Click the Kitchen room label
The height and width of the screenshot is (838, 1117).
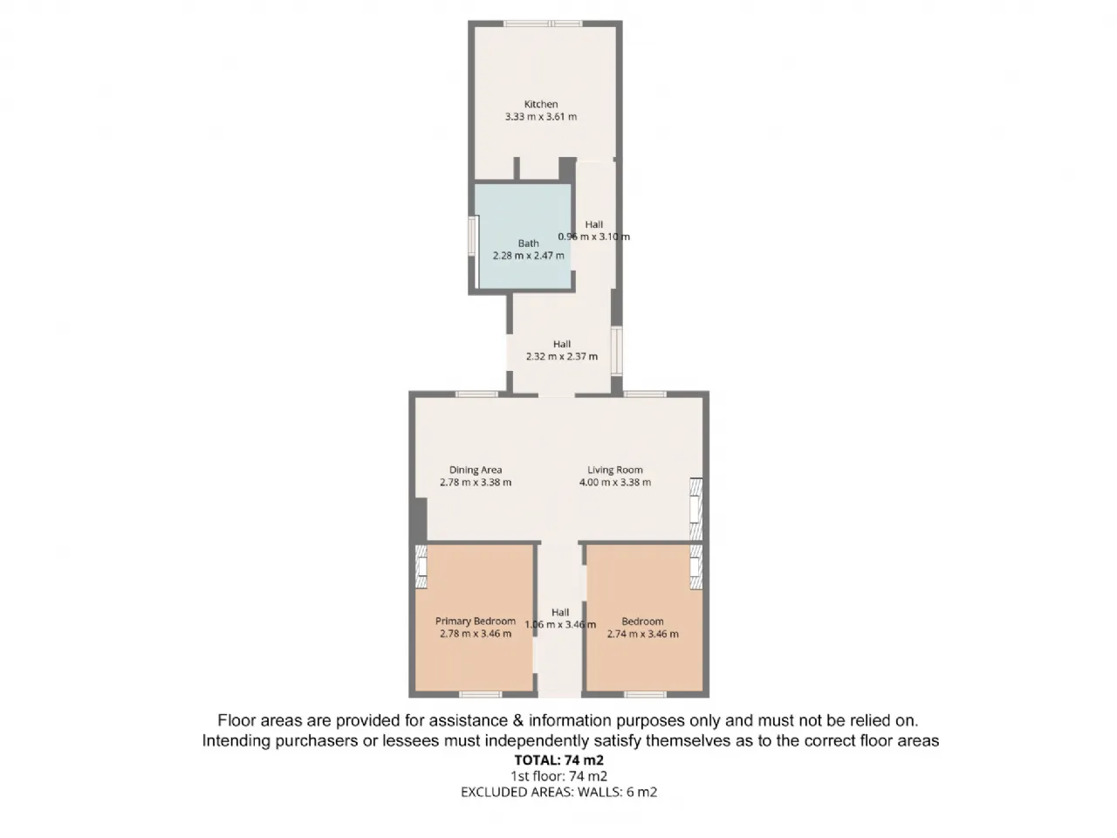[x=540, y=104]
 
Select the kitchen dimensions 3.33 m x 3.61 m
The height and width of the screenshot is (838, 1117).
[x=540, y=116]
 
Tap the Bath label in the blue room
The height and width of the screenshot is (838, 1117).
[x=528, y=244]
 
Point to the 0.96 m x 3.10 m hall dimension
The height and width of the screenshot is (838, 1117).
[x=593, y=237]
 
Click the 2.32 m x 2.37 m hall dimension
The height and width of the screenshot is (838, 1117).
[x=561, y=357]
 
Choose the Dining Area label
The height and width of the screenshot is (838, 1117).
[x=476, y=471]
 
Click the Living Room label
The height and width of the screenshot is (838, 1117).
[x=614, y=471]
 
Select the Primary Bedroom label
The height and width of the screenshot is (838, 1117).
[x=476, y=622]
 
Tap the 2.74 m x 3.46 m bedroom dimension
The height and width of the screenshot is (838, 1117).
[x=642, y=634]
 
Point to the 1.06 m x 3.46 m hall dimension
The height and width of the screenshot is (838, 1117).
[x=559, y=625]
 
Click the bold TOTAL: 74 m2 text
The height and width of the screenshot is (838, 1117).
[x=558, y=760]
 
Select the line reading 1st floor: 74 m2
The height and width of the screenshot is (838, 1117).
[x=558, y=776]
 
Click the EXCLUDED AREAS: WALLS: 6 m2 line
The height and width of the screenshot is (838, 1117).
[x=558, y=793]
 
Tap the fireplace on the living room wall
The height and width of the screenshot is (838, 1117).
[x=696, y=509]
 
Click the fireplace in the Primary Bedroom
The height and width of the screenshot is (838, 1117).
[x=421, y=567]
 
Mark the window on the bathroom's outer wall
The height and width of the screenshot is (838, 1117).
[x=473, y=236]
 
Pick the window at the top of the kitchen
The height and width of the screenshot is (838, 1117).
[x=543, y=24]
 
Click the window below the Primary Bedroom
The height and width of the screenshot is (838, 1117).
[x=480, y=695]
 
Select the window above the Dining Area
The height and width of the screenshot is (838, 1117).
[x=476, y=395]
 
